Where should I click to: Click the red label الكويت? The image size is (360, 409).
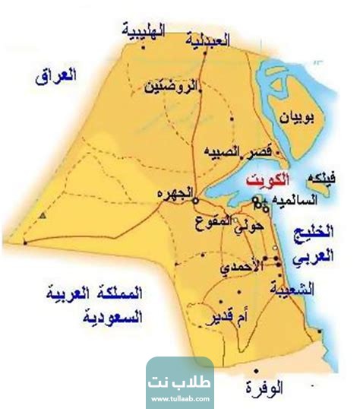click(268, 181)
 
